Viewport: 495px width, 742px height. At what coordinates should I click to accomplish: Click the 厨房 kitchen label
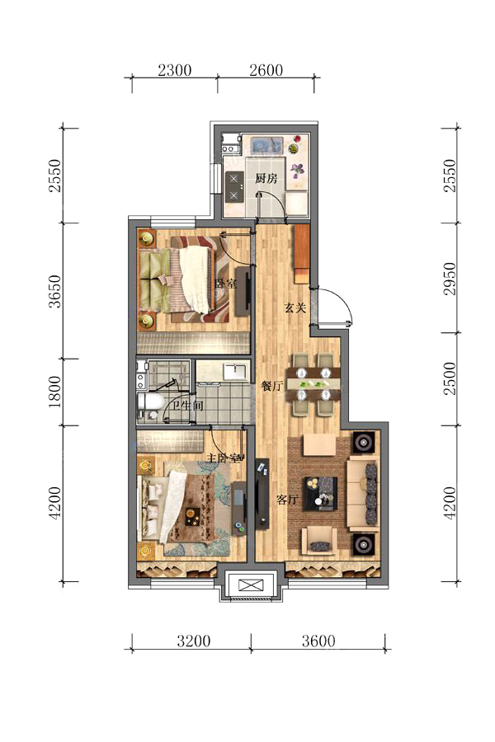pyautogui.click(x=266, y=178)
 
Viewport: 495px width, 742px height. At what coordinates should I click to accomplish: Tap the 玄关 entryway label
pyautogui.click(x=295, y=308)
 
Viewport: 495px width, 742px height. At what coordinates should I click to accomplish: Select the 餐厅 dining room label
pyautogui.click(x=272, y=386)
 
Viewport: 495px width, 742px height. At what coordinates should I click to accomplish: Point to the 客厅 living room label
pyautogui.click(x=287, y=500)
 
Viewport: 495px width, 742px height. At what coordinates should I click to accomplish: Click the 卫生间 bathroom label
pyautogui.click(x=187, y=406)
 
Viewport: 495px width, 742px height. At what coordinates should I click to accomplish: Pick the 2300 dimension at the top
pyautogui.click(x=174, y=70)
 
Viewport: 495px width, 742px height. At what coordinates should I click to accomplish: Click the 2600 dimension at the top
pyautogui.click(x=266, y=70)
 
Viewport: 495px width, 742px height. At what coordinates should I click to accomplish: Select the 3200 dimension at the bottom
pyautogui.click(x=194, y=641)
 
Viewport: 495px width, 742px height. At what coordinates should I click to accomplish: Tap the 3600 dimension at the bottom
pyautogui.click(x=318, y=641)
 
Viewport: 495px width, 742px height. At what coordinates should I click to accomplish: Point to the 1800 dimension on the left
pyautogui.click(x=55, y=392)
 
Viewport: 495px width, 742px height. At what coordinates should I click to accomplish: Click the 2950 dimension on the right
pyautogui.click(x=450, y=279)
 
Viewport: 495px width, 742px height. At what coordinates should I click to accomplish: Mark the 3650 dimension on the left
pyautogui.click(x=55, y=291)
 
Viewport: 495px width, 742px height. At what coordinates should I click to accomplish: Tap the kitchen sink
pyautogui.click(x=266, y=145)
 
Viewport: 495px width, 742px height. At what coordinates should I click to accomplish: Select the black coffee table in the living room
pyautogui.click(x=320, y=494)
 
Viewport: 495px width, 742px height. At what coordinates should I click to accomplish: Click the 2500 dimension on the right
pyautogui.click(x=450, y=378)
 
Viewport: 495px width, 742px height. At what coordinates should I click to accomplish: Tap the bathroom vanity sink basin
pyautogui.click(x=235, y=371)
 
